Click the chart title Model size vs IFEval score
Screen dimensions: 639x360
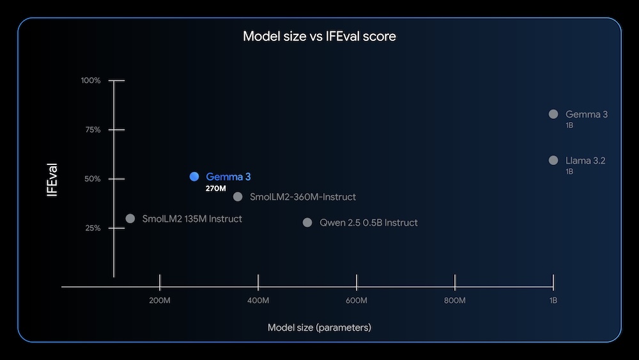(x=319, y=36)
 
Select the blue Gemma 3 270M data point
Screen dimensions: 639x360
(x=194, y=176)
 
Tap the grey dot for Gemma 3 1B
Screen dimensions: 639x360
(x=553, y=114)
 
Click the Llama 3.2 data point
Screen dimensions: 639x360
(x=553, y=160)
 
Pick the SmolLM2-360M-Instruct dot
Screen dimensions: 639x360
(x=238, y=197)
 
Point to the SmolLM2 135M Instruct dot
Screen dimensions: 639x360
(x=130, y=219)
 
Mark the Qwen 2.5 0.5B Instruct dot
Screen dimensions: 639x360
(x=307, y=223)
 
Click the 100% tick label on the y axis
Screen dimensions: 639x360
(x=91, y=81)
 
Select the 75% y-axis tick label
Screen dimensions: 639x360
(x=93, y=130)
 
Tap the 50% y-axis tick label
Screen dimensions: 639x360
(x=93, y=179)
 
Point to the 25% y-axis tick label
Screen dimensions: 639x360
(x=93, y=228)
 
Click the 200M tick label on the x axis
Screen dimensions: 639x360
(x=160, y=301)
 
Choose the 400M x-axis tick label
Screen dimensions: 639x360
(x=258, y=301)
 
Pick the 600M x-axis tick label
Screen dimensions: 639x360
(x=356, y=301)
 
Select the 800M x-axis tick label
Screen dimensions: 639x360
(x=455, y=301)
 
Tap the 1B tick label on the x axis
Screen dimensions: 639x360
(x=553, y=301)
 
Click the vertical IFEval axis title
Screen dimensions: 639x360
(x=52, y=180)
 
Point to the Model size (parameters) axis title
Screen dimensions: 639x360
(x=319, y=327)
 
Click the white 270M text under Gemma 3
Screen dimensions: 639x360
(x=215, y=189)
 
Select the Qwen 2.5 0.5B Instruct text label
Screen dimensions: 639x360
(x=369, y=223)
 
